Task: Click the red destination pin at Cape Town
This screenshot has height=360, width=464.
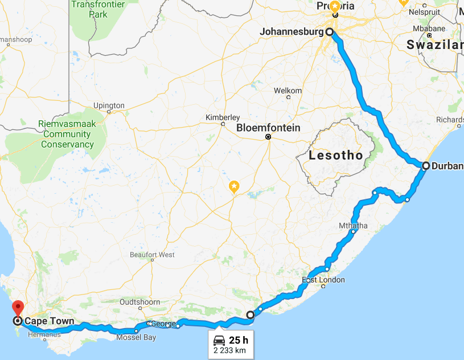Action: (x=18, y=308)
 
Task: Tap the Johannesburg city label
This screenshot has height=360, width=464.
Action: (x=291, y=32)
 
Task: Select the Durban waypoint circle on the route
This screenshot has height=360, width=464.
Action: (x=426, y=166)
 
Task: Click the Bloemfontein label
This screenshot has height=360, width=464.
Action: (x=268, y=128)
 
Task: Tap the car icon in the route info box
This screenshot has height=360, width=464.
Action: (x=219, y=341)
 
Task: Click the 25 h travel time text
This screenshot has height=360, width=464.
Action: (x=239, y=341)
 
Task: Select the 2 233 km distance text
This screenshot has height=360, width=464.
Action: (x=230, y=350)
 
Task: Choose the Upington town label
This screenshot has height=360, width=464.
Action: (x=108, y=105)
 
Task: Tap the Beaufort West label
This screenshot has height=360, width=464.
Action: (x=152, y=255)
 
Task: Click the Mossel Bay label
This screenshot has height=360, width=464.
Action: (x=136, y=337)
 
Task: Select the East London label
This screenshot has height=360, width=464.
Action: (x=323, y=280)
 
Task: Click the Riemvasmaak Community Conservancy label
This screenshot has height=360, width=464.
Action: (x=67, y=134)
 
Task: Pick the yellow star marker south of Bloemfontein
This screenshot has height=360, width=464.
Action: (x=234, y=186)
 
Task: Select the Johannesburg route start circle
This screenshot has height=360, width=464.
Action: (x=329, y=32)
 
